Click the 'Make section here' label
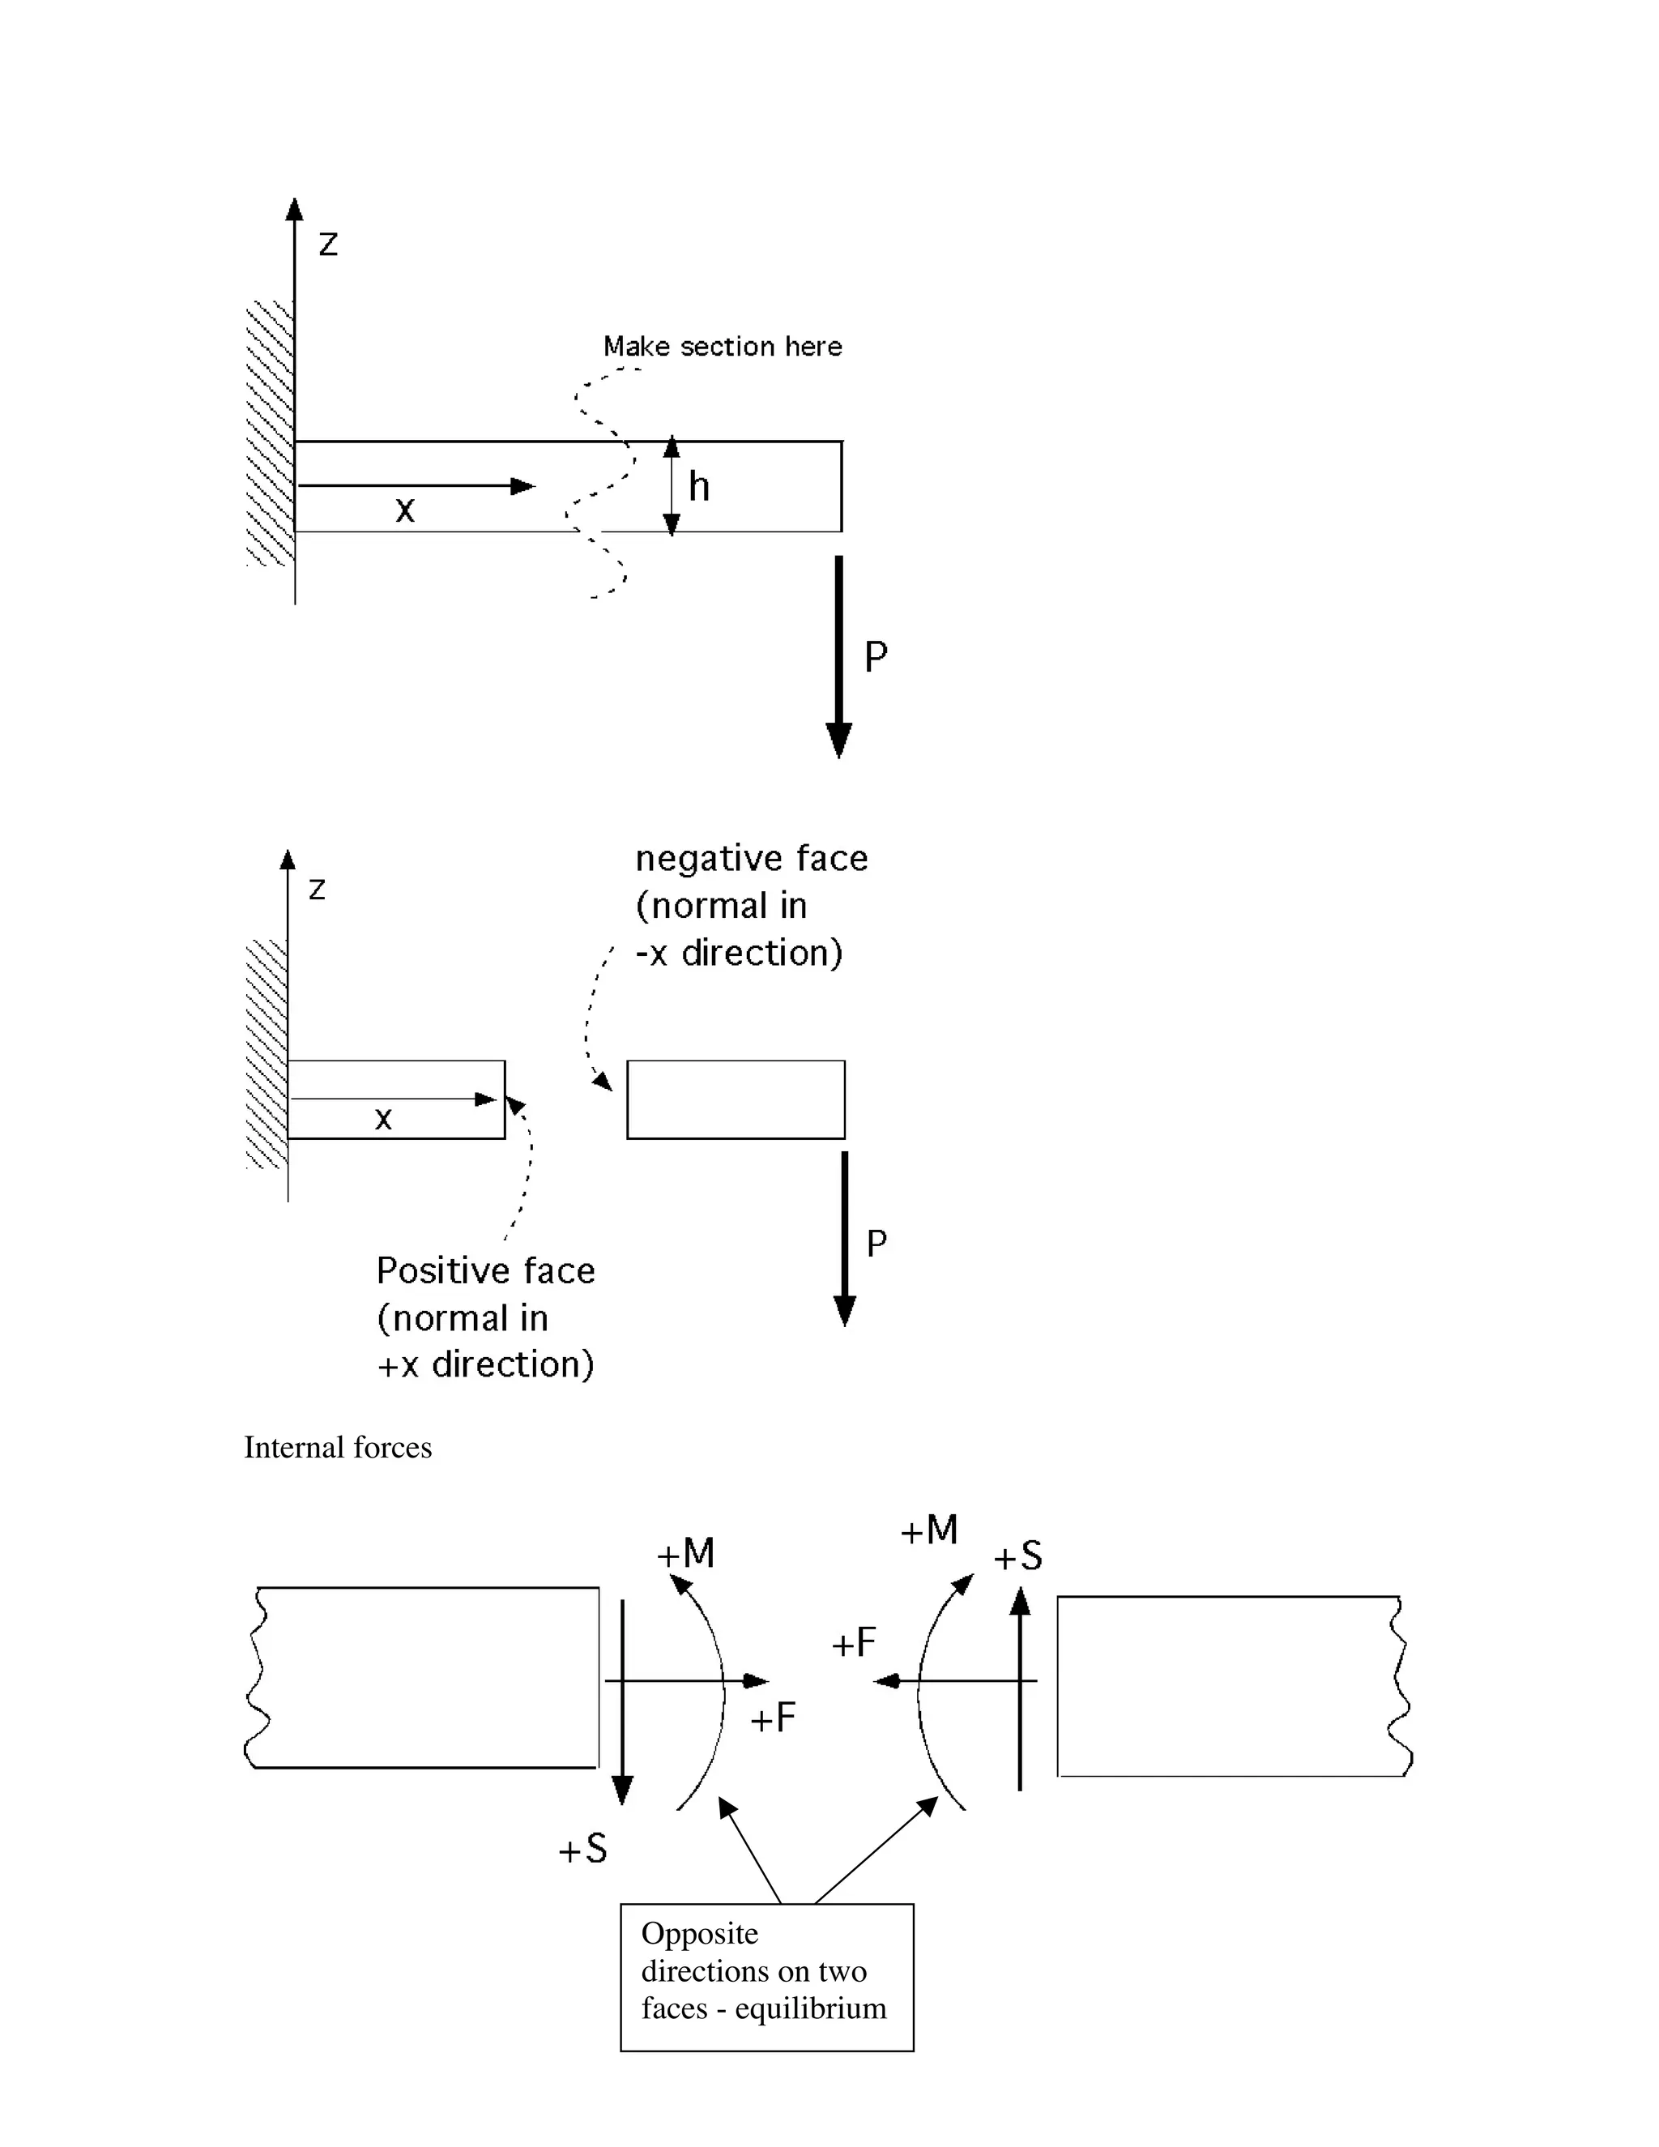tap(723, 346)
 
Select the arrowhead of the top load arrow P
tap(838, 738)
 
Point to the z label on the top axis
tap(328, 244)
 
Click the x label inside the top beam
tap(405, 510)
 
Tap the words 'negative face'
tap(752, 858)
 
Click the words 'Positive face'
tap(485, 1271)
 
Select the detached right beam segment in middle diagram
tap(736, 1099)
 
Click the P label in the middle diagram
tap(876, 1244)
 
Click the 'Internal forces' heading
tap(338, 1447)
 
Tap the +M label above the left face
tap(686, 1554)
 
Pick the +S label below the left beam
tap(582, 1850)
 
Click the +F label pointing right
tap(773, 1718)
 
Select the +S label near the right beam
tap(1017, 1557)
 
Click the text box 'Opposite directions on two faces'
tap(766, 1977)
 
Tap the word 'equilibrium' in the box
tap(810, 2008)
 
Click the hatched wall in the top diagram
tap(269, 433)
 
